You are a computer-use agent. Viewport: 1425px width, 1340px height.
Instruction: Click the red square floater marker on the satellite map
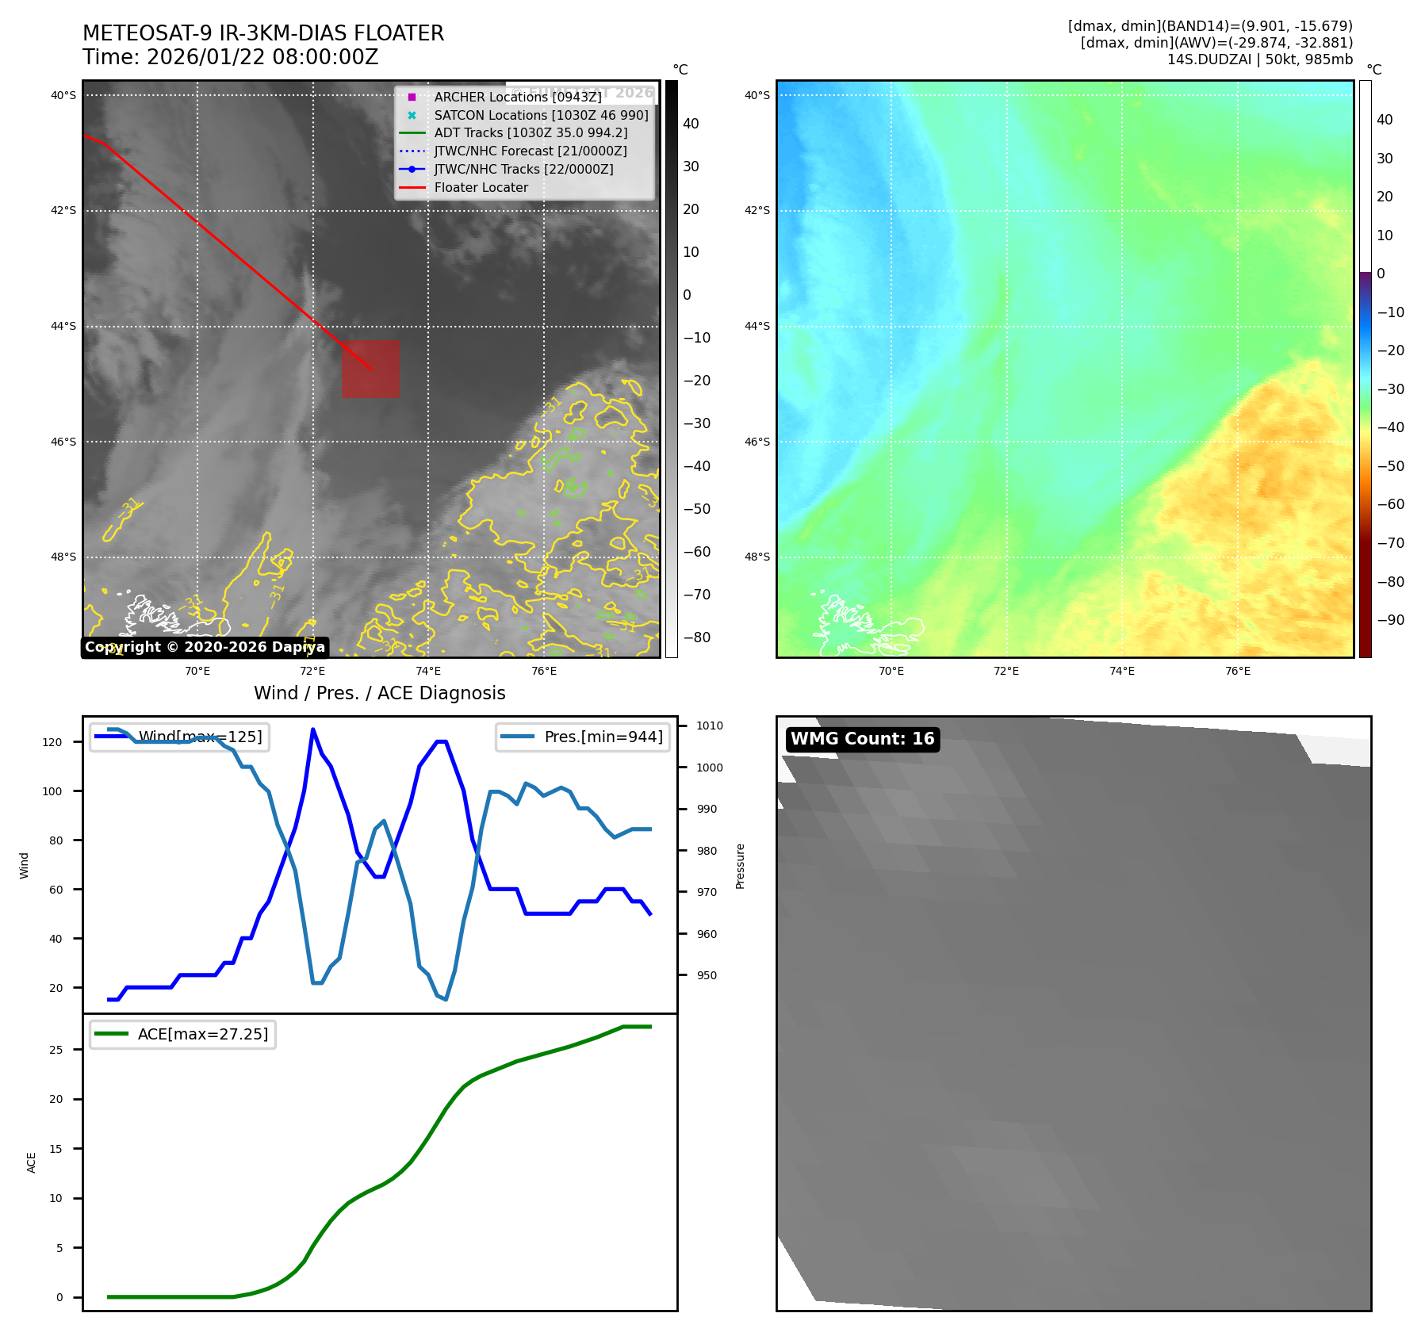(x=370, y=369)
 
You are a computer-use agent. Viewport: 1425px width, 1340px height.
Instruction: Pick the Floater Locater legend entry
(x=481, y=187)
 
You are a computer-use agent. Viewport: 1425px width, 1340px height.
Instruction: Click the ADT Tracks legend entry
(x=531, y=133)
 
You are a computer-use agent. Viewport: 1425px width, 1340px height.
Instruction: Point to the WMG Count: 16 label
(x=862, y=739)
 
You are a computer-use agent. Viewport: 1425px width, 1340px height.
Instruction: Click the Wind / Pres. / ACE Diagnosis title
(x=379, y=693)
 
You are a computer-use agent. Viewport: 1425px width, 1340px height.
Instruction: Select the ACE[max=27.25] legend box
(x=182, y=1034)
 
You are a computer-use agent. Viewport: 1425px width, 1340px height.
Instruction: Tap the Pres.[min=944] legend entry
(x=583, y=737)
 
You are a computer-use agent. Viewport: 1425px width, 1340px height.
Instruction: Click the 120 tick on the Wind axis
(x=52, y=742)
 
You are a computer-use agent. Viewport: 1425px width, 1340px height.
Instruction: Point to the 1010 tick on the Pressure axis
(x=710, y=726)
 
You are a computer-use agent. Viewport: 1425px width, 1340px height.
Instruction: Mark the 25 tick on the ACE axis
(x=56, y=1050)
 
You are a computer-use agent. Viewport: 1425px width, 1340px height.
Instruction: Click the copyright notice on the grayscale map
(x=205, y=647)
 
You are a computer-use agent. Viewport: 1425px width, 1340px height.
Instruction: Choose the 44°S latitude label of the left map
(x=63, y=326)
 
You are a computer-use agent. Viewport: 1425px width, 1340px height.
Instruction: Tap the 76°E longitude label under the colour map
(x=1237, y=671)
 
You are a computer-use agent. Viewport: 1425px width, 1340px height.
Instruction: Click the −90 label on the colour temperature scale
(x=1390, y=620)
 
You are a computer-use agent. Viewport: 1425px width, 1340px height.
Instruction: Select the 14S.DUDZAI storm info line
(x=1259, y=59)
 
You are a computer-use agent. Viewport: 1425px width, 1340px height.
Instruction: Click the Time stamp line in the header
(x=230, y=57)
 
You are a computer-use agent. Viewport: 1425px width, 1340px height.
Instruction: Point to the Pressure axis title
(x=740, y=865)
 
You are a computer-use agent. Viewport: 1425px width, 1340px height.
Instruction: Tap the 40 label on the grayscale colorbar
(x=691, y=124)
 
